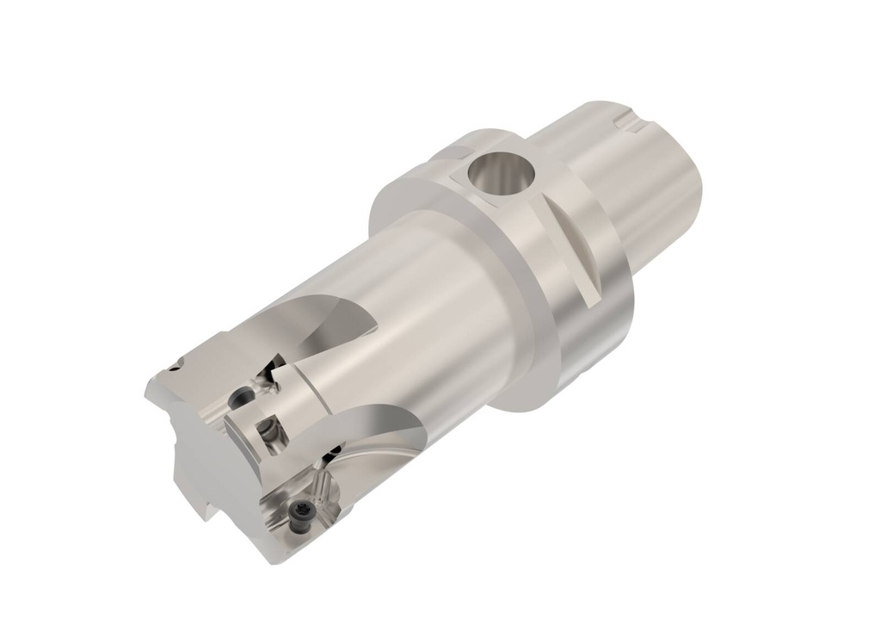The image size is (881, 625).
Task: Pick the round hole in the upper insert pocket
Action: click(x=244, y=397)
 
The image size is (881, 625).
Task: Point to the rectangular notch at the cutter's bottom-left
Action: click(x=206, y=508)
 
